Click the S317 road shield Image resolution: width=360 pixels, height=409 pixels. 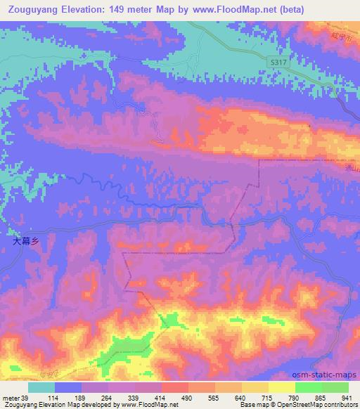278,63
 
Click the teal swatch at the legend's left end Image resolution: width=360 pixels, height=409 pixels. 41,387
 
